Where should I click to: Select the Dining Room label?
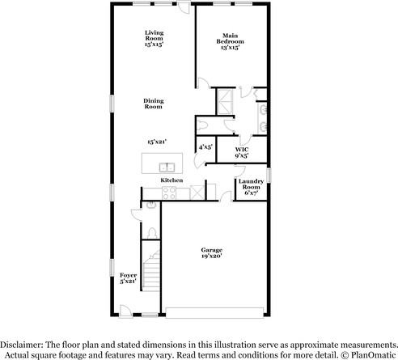pyautogui.click(x=154, y=104)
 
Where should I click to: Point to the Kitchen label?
pyautogui.click(x=171, y=180)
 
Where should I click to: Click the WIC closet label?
pyautogui.click(x=242, y=152)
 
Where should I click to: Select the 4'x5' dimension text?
pyautogui.click(x=205, y=146)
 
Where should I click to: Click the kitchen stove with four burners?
pyautogui.click(x=170, y=193)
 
